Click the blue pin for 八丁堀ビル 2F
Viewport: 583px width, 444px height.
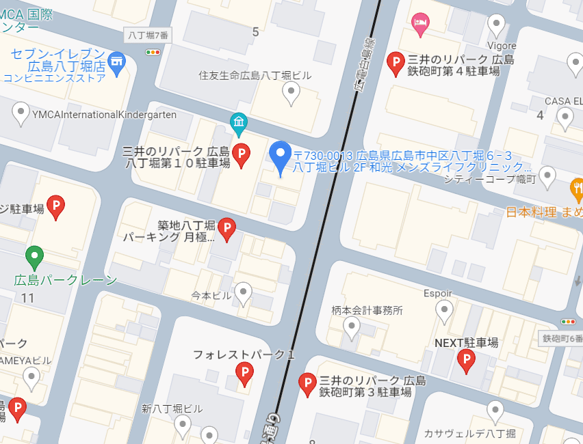[280, 156]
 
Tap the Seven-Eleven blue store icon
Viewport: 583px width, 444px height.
[117, 61]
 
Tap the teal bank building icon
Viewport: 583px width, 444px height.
[238, 123]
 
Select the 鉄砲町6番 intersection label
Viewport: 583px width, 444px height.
[561, 338]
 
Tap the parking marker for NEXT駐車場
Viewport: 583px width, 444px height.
[466, 360]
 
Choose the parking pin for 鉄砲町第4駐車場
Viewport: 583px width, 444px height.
[396, 64]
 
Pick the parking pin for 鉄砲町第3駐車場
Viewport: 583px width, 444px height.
[308, 385]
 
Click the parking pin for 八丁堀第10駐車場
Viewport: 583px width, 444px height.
[241, 155]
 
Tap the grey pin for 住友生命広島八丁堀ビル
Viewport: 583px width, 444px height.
[291, 93]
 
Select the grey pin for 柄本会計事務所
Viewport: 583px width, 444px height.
[352, 327]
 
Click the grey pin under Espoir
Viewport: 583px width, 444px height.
[445, 311]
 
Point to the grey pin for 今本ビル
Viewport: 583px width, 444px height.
[243, 293]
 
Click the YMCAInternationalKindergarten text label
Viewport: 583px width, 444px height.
[104, 115]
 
